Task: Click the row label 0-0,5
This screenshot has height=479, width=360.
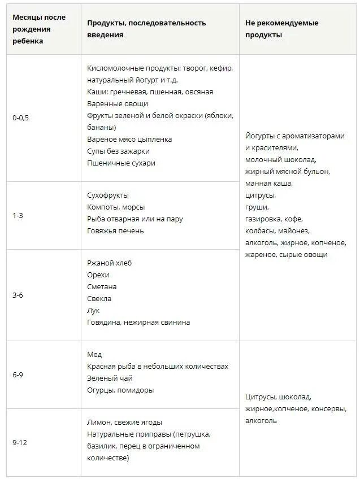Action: pyautogui.click(x=23, y=118)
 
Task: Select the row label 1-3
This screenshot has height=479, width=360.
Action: pyautogui.click(x=18, y=216)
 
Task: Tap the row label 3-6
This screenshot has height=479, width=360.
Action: pyautogui.click(x=18, y=295)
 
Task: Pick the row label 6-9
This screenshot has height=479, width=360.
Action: pyautogui.click(x=18, y=375)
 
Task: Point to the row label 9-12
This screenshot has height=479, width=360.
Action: pyautogui.click(x=20, y=442)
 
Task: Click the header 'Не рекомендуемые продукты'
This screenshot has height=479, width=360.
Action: pyautogui.click(x=281, y=29)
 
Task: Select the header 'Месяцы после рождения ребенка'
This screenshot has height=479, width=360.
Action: pyautogui.click(x=39, y=29)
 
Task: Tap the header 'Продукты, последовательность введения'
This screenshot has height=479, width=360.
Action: pyautogui.click(x=146, y=29)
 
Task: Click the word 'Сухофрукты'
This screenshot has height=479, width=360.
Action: pyautogui.click(x=108, y=195)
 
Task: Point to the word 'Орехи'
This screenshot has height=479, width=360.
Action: pyautogui.click(x=99, y=275)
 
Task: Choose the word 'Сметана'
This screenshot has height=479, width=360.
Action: pyautogui.click(x=102, y=286)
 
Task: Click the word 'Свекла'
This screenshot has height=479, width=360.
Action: pyautogui.click(x=99, y=298)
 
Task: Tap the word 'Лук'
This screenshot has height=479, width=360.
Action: pyautogui.click(x=94, y=310)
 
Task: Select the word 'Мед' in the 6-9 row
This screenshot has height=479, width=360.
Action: pyautogui.click(x=94, y=354)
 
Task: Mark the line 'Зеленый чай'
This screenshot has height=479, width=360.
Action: pyautogui.click(x=110, y=378)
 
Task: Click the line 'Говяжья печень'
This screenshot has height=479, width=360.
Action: pyautogui.click(x=115, y=230)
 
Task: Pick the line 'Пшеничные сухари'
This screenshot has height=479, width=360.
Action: pyautogui.click(x=121, y=163)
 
